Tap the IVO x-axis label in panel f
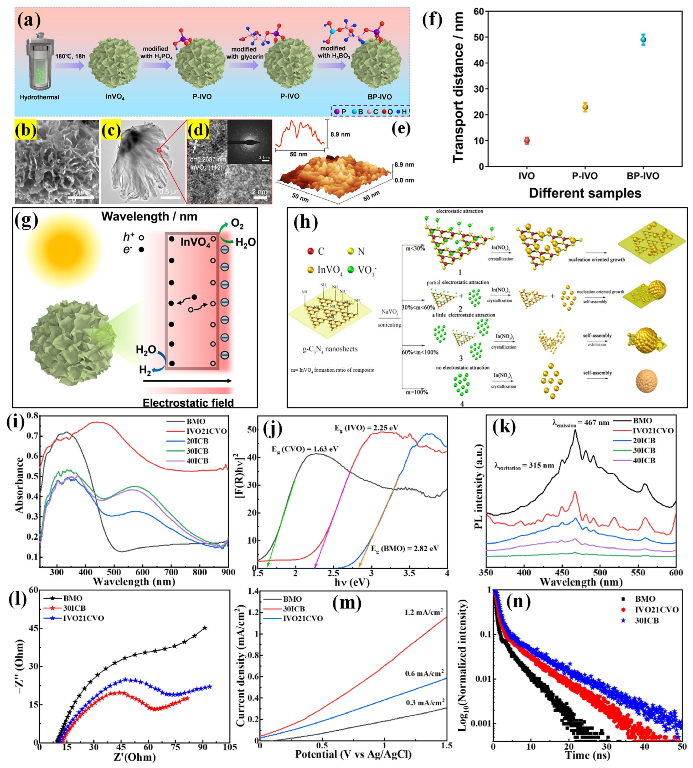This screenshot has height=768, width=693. [526, 176]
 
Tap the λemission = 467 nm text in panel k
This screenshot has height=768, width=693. [581, 422]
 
